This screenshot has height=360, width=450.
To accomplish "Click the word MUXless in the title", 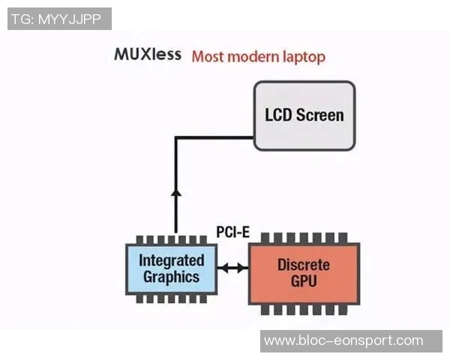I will (x=148, y=55).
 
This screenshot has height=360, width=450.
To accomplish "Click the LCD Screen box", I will (x=304, y=115).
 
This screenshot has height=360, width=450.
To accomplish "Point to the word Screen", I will (x=320, y=115).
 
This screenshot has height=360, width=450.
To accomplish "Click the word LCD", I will (x=278, y=115).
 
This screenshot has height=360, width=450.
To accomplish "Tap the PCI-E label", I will (x=232, y=232).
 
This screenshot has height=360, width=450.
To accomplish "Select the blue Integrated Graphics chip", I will (x=172, y=268).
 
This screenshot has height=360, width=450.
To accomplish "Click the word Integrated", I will (x=172, y=260).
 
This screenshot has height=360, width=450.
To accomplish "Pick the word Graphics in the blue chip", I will (x=172, y=277).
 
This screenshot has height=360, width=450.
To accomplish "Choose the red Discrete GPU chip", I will (x=304, y=273).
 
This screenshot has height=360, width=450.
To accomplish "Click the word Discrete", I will (x=304, y=265).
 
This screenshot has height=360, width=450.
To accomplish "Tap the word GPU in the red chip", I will (x=304, y=282).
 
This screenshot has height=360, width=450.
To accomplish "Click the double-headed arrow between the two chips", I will (x=232, y=267).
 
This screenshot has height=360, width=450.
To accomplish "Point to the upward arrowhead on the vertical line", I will (x=176, y=193).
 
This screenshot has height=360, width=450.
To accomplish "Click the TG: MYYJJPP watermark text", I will (x=59, y=19).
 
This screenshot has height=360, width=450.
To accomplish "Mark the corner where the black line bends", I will (x=176, y=137).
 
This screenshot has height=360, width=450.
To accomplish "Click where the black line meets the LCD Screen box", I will (x=254, y=137).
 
